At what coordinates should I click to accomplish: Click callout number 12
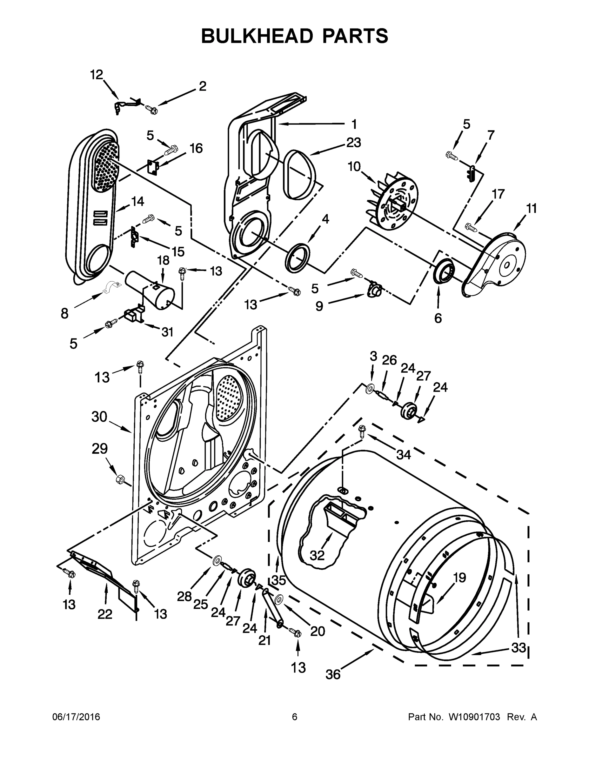click(97, 75)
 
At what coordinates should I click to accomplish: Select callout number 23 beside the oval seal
click(353, 143)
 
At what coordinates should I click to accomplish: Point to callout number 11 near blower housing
click(531, 209)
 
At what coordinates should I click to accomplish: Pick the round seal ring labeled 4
click(298, 257)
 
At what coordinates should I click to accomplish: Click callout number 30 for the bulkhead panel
click(99, 417)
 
